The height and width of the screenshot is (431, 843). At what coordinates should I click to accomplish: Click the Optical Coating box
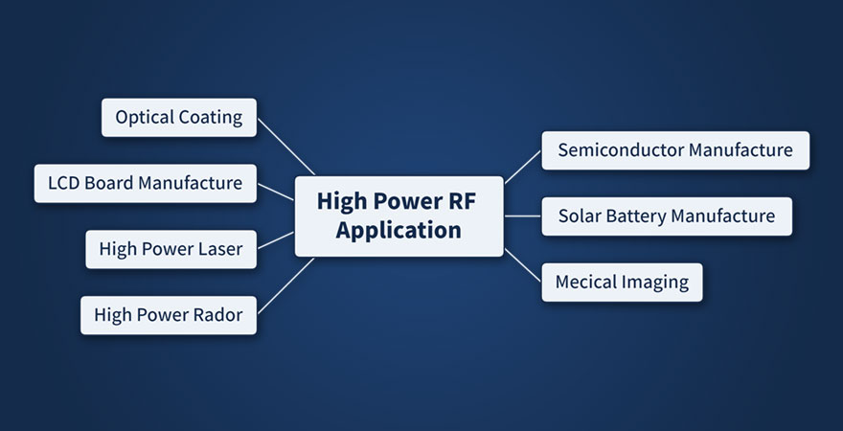[x=179, y=118]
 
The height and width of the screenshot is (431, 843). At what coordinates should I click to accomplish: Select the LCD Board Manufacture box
[x=146, y=183]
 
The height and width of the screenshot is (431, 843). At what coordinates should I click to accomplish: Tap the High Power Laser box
[x=171, y=250]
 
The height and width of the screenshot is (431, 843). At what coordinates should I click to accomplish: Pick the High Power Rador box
[x=169, y=315]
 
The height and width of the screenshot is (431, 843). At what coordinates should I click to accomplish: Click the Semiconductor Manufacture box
[x=675, y=150]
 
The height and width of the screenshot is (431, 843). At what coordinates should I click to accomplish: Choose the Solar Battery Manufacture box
[x=667, y=216]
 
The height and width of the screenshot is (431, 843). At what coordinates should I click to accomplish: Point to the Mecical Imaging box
[x=622, y=283]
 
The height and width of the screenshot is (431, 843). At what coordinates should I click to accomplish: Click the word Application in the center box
[x=399, y=231]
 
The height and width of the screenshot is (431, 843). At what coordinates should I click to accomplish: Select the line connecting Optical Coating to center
[x=285, y=146]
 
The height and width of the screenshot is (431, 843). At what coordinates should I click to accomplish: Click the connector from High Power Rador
[x=285, y=285]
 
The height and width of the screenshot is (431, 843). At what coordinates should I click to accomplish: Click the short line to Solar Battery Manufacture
[x=522, y=216]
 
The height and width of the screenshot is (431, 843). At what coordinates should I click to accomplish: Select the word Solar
[x=580, y=216]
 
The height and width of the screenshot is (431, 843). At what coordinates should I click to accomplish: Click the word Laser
[x=220, y=250]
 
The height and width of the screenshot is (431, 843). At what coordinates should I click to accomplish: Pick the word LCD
[x=63, y=183]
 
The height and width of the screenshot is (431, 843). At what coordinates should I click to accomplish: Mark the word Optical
[x=144, y=118]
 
